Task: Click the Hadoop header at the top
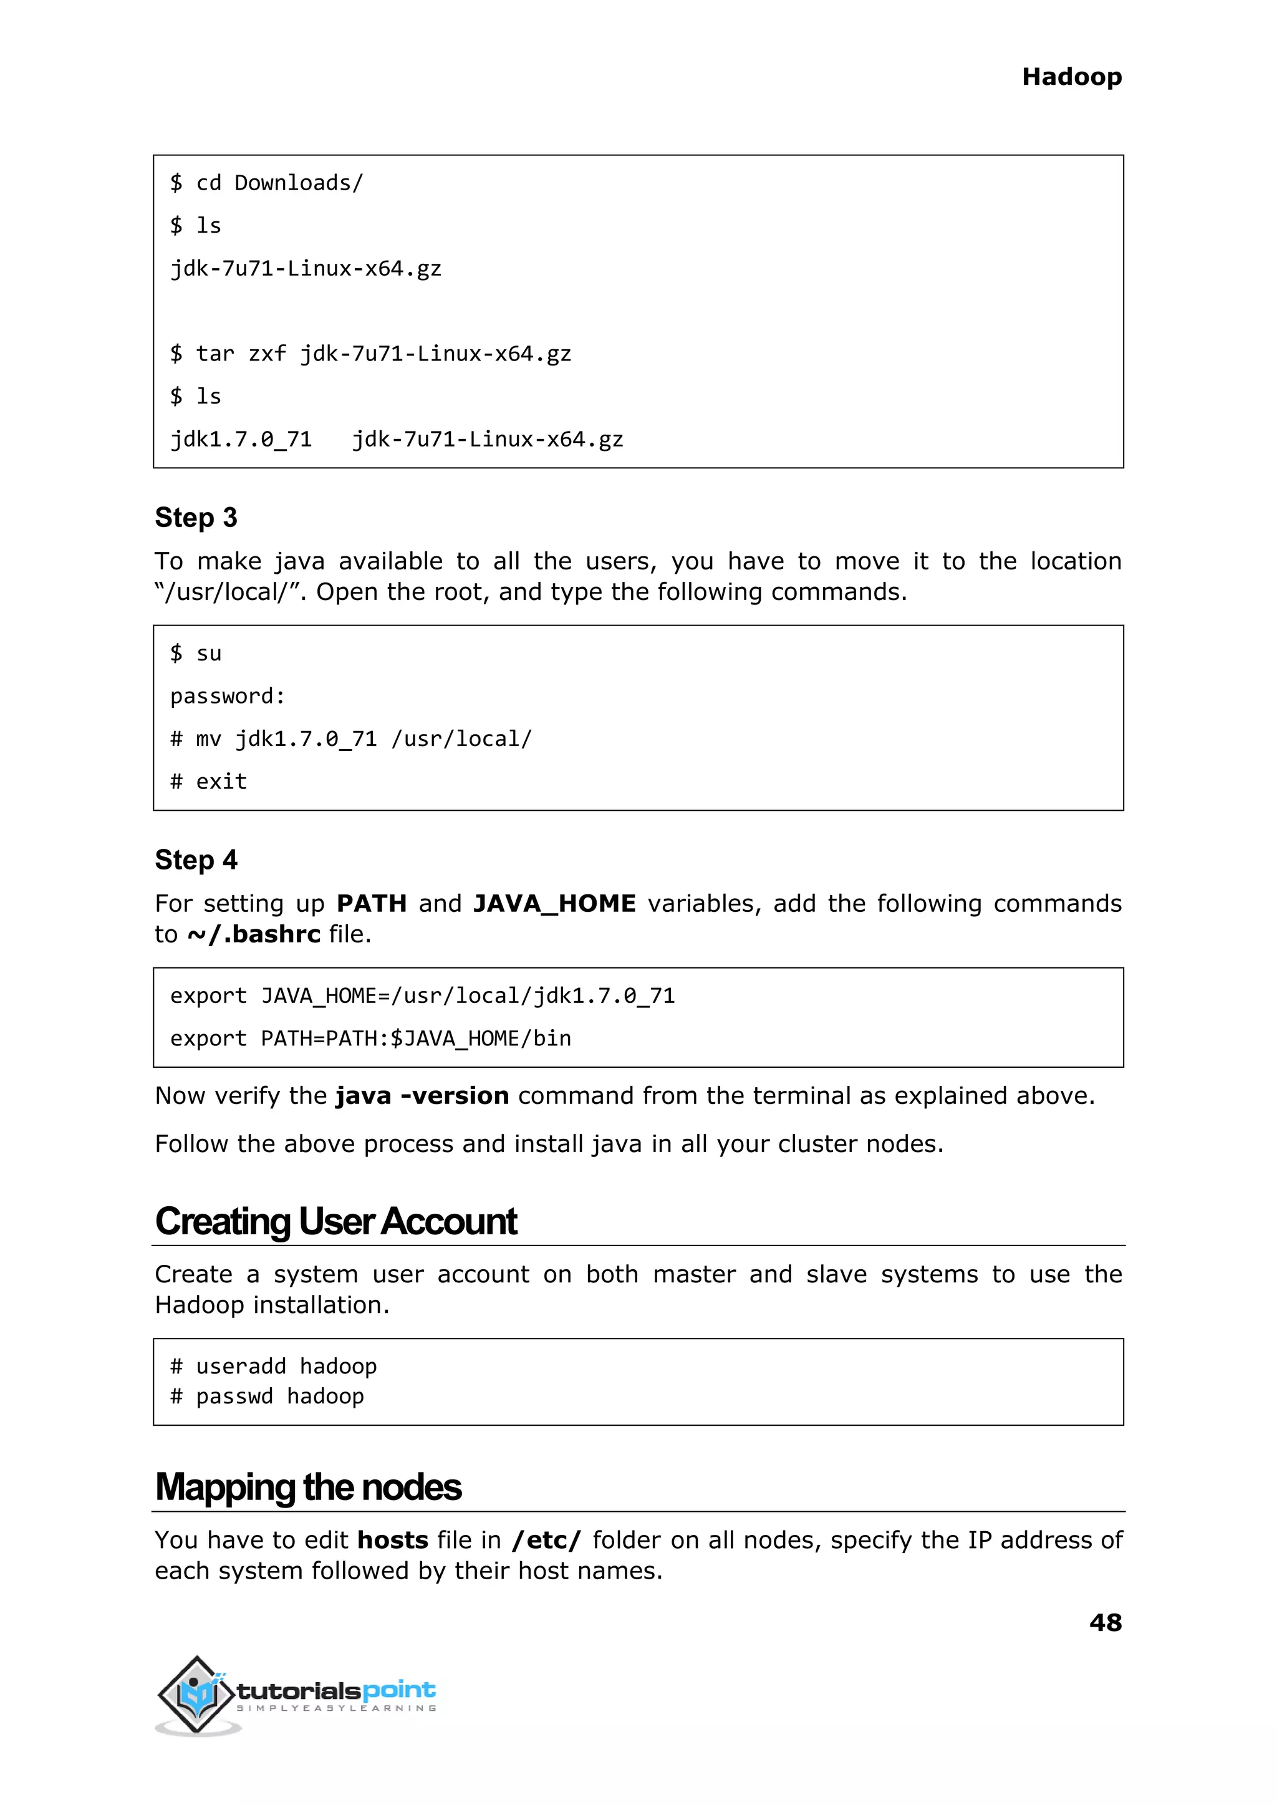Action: point(1071,77)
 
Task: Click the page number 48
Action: point(1105,1622)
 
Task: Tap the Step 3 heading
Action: point(196,518)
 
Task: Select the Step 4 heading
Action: point(196,859)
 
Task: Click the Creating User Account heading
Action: point(335,1221)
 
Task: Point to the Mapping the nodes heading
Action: point(308,1486)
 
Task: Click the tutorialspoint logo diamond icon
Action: point(196,1693)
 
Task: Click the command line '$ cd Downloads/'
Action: point(267,183)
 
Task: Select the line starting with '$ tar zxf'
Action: point(370,354)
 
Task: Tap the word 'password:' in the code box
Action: point(227,696)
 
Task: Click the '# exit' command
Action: point(208,782)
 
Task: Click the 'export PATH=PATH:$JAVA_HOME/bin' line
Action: point(370,1038)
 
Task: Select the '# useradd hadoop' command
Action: point(274,1366)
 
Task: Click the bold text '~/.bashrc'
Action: point(253,934)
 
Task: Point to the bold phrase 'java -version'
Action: point(422,1096)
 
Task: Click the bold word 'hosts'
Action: point(392,1539)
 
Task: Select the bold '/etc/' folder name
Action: point(546,1539)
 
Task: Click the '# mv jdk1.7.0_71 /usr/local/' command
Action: point(350,739)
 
